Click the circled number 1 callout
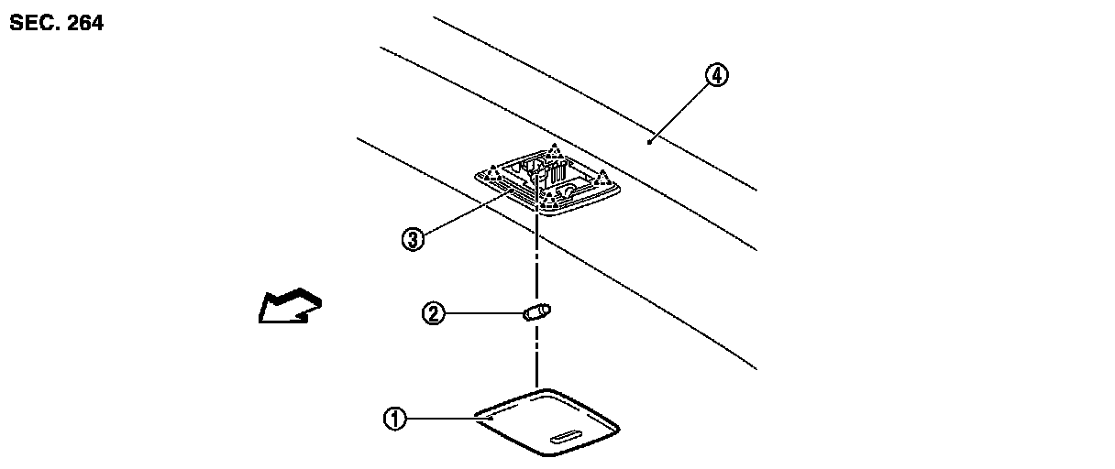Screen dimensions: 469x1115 pyautogui.click(x=394, y=419)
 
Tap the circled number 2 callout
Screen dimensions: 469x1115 pyautogui.click(x=433, y=313)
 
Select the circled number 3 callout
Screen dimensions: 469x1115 pyautogui.click(x=413, y=239)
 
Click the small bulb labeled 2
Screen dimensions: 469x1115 pyautogui.click(x=535, y=312)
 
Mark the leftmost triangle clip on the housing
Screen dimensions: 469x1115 pyautogui.click(x=492, y=170)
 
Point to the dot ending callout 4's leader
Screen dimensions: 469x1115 pyautogui.click(x=649, y=141)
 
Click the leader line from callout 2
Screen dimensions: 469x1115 pyautogui.click(x=482, y=313)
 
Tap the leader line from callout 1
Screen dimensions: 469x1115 pyautogui.click(x=440, y=418)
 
